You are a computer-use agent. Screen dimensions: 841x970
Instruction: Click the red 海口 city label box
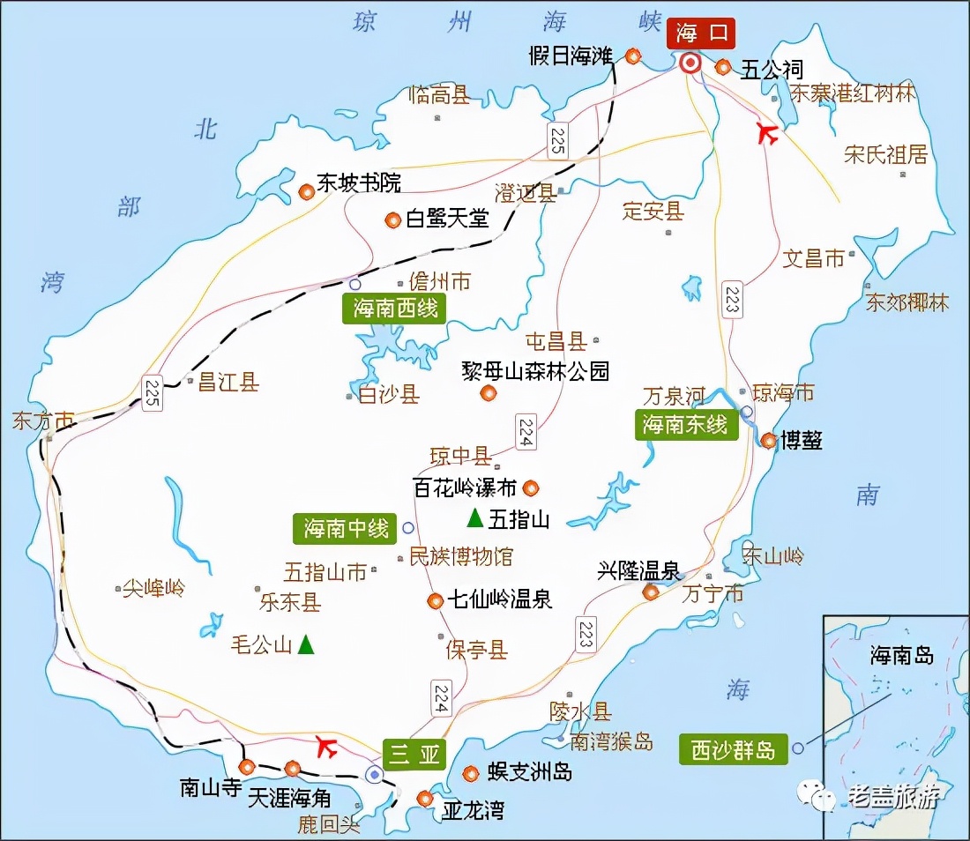coord(700,33)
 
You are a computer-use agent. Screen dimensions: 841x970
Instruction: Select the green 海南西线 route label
coord(395,309)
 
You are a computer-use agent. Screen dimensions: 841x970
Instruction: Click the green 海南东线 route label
coord(685,424)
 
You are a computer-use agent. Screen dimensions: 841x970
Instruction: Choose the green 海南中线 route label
coord(346,528)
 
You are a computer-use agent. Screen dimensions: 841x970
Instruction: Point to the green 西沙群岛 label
coord(733,749)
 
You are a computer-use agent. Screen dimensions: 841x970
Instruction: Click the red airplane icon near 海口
coord(769,134)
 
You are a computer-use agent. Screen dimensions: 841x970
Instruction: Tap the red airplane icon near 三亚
coord(326,748)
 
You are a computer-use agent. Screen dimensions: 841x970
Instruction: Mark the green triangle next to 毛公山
coord(305,644)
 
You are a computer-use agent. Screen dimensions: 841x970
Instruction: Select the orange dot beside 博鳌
coord(768,440)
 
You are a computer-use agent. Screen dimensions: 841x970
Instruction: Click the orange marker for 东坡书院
coord(306,190)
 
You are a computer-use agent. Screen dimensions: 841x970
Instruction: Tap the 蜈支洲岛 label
coord(530,772)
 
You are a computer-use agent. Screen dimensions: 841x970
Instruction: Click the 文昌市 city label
coord(814,258)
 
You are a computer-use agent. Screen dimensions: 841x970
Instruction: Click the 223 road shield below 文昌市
coord(731,300)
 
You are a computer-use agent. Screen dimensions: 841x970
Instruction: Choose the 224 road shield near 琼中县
coord(526,432)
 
